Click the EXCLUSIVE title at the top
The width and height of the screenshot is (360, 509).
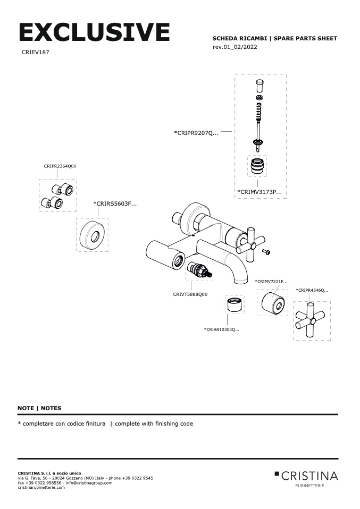(x=94, y=32)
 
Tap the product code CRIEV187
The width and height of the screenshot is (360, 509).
(x=36, y=53)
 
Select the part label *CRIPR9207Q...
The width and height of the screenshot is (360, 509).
(x=196, y=133)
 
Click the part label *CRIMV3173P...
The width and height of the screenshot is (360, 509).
(x=259, y=191)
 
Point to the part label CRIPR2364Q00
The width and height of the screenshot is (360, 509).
(x=60, y=166)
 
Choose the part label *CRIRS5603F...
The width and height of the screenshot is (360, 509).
(x=115, y=203)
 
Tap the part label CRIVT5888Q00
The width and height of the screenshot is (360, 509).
(x=190, y=294)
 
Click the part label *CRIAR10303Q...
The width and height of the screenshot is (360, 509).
(x=222, y=330)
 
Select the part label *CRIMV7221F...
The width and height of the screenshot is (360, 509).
(x=271, y=281)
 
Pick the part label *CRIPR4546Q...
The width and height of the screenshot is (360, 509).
(x=312, y=291)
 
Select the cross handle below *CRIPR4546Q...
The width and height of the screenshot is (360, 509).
(x=312, y=320)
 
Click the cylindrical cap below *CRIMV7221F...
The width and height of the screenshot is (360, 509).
(x=273, y=303)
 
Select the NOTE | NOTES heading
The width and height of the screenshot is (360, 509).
(x=39, y=408)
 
